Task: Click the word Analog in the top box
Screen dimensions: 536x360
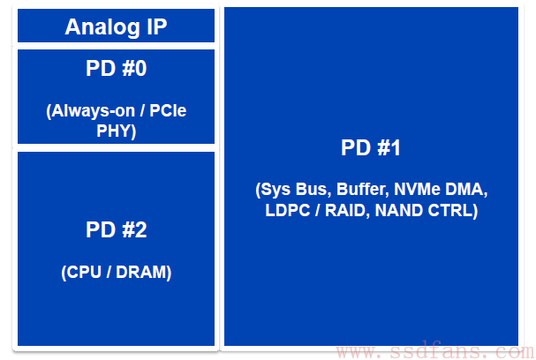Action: pyautogui.click(x=102, y=27)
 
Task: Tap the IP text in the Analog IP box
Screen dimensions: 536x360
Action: pyautogui.click(x=157, y=26)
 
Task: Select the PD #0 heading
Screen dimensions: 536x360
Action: pyautogui.click(x=117, y=68)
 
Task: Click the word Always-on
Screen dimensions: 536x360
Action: pyautogui.click(x=91, y=111)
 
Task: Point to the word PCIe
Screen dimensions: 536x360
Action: pyautogui.click(x=168, y=110)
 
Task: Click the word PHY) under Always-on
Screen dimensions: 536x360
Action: pyautogui.click(x=117, y=131)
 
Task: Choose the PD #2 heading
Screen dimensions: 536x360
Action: pyautogui.click(x=117, y=229)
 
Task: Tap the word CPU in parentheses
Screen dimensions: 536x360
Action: pyautogui.click(x=81, y=273)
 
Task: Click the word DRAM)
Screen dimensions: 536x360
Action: pyautogui.click(x=144, y=273)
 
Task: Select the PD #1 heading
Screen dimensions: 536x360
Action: pyautogui.click(x=371, y=148)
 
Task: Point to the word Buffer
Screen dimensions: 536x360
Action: pyautogui.click(x=363, y=190)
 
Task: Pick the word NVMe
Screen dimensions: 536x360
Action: pyautogui.click(x=417, y=189)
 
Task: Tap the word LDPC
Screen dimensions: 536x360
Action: pyautogui.click(x=288, y=210)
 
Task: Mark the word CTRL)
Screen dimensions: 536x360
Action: pyautogui.click(x=453, y=211)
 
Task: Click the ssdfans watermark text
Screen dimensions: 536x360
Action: pyautogui.click(x=434, y=351)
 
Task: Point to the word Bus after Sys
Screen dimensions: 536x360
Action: pyautogui.click(x=313, y=190)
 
